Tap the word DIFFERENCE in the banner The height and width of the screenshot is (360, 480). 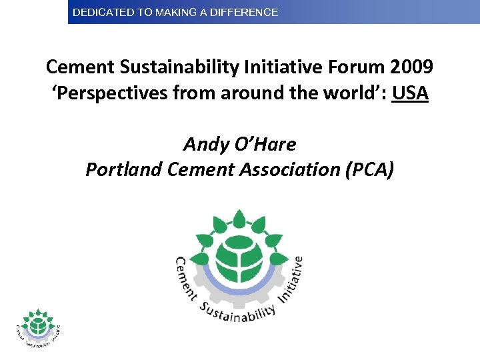pos(246,12)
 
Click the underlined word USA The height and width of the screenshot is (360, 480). pos(410,93)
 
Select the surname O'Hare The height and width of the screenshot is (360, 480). pos(266,143)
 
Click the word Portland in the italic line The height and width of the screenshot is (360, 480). pos(124,170)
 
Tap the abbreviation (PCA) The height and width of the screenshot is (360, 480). pos(370,170)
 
